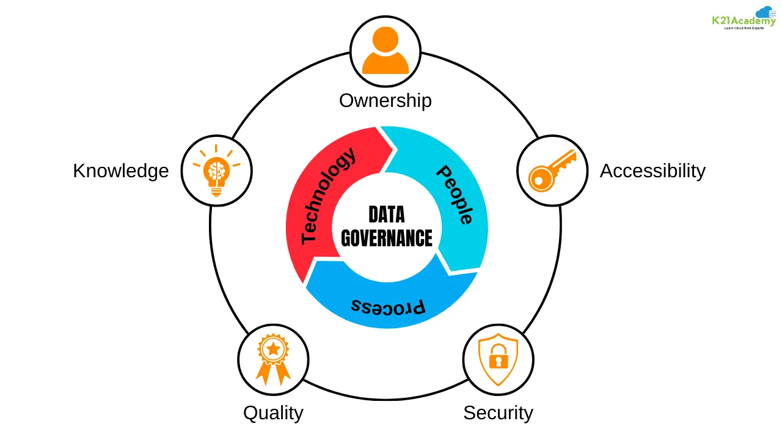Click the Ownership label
pyautogui.click(x=385, y=100)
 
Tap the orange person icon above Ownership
pyautogui.click(x=385, y=51)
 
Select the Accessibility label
pyautogui.click(x=652, y=170)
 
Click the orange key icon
pyautogui.click(x=552, y=169)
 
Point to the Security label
pyautogui.click(x=498, y=413)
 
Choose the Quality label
pyautogui.click(x=273, y=413)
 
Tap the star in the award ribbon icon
pyautogui.click(x=273, y=349)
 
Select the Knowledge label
pyautogui.click(x=120, y=170)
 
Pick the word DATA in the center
pyautogui.click(x=386, y=215)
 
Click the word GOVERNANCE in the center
pyautogui.click(x=386, y=238)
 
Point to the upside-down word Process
pyautogui.click(x=389, y=306)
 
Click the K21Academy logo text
pyautogui.click(x=743, y=21)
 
